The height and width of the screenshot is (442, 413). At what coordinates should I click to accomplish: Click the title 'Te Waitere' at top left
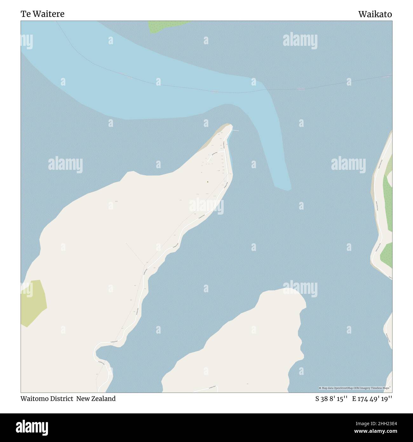pos(43,14)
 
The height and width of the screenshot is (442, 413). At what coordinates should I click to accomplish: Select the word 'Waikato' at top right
pos(375,14)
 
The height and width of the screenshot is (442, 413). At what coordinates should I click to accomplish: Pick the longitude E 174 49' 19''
pos(372,398)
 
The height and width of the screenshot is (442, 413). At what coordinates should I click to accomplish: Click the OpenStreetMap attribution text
pos(355,388)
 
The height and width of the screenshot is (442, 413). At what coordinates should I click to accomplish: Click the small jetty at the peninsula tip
pos(235,130)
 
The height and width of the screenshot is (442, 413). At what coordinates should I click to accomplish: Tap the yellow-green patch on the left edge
pos(33,302)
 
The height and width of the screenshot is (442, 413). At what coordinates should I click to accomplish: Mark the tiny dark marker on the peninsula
pos(207,182)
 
